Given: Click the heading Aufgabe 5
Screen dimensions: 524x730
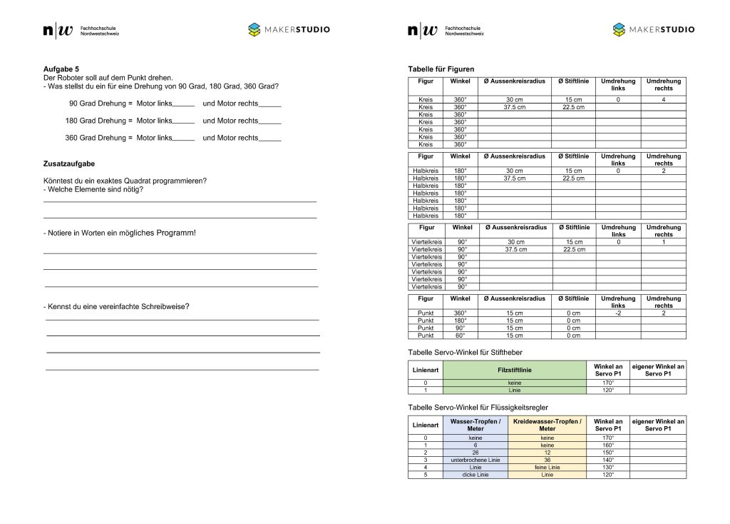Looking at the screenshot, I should (61, 69).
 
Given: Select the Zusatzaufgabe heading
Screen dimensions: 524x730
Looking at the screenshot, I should (69, 163).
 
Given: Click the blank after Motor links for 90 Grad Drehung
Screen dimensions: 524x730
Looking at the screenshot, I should (184, 104).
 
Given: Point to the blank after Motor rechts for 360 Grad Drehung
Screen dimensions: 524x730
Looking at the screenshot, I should (270, 138).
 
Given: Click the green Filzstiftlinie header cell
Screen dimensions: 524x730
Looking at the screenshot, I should (514, 370).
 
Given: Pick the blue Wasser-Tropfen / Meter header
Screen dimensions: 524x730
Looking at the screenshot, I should (475, 425).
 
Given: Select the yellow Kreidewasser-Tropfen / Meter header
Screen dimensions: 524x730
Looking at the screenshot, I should (547, 425).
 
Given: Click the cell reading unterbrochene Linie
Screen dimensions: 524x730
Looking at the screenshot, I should (475, 460).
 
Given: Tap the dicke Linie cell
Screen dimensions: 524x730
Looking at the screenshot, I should (475, 475).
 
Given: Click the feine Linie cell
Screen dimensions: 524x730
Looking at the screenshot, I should (547, 467).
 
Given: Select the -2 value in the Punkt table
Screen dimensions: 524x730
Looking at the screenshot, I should (618, 313).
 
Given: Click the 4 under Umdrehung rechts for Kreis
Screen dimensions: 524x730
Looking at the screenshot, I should (663, 99).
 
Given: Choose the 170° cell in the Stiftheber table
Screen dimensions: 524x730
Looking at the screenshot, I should (608, 383).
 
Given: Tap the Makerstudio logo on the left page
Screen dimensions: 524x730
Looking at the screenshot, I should (289, 30).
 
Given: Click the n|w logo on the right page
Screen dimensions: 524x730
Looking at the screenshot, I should (422, 30).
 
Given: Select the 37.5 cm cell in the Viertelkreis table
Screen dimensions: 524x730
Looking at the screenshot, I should (515, 249).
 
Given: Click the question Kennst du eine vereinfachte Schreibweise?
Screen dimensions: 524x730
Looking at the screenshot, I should (118, 306).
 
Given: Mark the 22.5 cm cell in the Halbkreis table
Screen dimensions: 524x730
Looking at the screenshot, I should (573, 178).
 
